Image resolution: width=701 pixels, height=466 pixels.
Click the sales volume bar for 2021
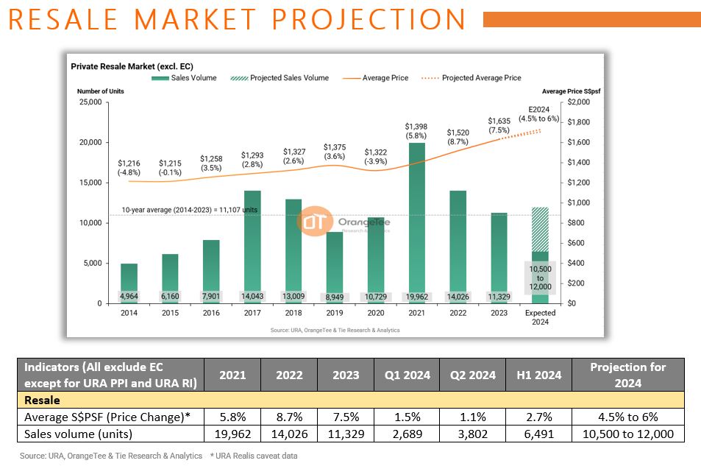[x=416, y=221]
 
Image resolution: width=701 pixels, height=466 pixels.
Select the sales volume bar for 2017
[x=252, y=243]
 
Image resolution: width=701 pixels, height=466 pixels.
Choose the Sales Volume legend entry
[x=185, y=78]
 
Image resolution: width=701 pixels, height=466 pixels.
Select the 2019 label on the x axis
[x=334, y=313]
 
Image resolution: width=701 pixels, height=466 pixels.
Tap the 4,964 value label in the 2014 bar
[x=129, y=297]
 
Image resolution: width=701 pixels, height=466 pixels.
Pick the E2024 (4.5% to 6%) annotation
[x=539, y=113]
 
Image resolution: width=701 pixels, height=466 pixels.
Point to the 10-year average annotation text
[x=189, y=210]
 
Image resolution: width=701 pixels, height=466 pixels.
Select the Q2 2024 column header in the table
[x=472, y=375]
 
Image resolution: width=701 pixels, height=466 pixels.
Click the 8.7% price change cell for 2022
[x=289, y=417]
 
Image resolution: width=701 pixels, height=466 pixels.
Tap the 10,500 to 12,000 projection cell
[x=627, y=434]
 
